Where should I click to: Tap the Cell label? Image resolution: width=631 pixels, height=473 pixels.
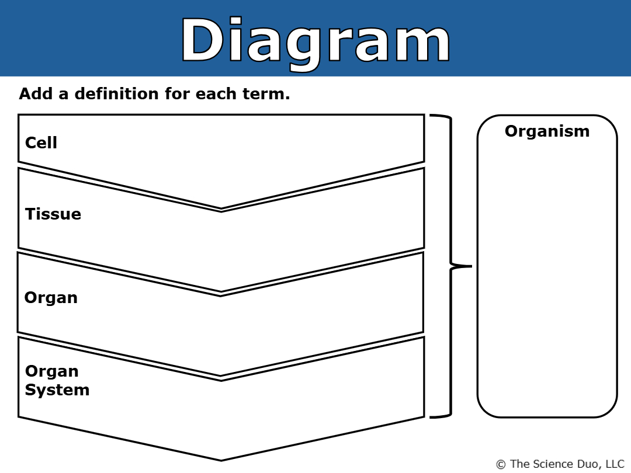pos(41,143)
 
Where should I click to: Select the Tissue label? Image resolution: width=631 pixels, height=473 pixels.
pos(53,214)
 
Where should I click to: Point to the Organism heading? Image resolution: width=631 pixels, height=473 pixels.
pos(547,131)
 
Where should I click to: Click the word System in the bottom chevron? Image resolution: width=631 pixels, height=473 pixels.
pos(57,390)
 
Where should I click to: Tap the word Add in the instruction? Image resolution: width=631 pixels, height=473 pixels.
pos(36,93)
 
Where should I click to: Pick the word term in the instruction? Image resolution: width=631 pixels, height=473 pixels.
pos(266,93)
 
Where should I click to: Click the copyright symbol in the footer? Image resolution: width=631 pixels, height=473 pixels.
pos(501,465)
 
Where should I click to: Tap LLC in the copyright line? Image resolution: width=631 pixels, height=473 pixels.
pos(615,464)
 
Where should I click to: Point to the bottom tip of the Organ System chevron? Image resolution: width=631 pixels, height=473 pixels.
pos(221,460)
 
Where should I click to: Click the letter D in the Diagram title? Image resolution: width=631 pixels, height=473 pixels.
pos(202,40)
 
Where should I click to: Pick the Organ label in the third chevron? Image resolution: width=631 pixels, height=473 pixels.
pos(51,298)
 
